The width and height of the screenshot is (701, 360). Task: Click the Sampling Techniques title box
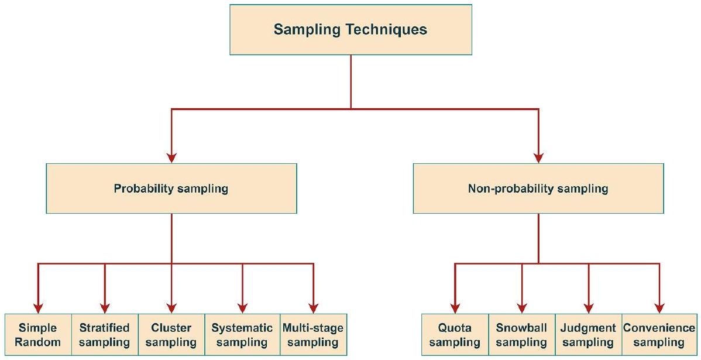click(350, 30)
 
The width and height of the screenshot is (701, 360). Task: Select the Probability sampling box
click(171, 188)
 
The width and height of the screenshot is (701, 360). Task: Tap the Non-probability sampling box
click(538, 188)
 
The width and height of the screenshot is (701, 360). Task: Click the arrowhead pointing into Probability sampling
click(171, 157)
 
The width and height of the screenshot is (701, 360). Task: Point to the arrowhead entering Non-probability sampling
click(538, 157)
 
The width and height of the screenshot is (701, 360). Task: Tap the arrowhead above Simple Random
click(38, 308)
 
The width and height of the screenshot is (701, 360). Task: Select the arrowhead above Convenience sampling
click(659, 308)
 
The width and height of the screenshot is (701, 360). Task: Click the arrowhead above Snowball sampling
click(521, 308)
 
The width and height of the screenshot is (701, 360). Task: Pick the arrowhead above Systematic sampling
click(242, 308)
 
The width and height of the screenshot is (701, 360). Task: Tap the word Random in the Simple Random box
click(37, 342)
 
